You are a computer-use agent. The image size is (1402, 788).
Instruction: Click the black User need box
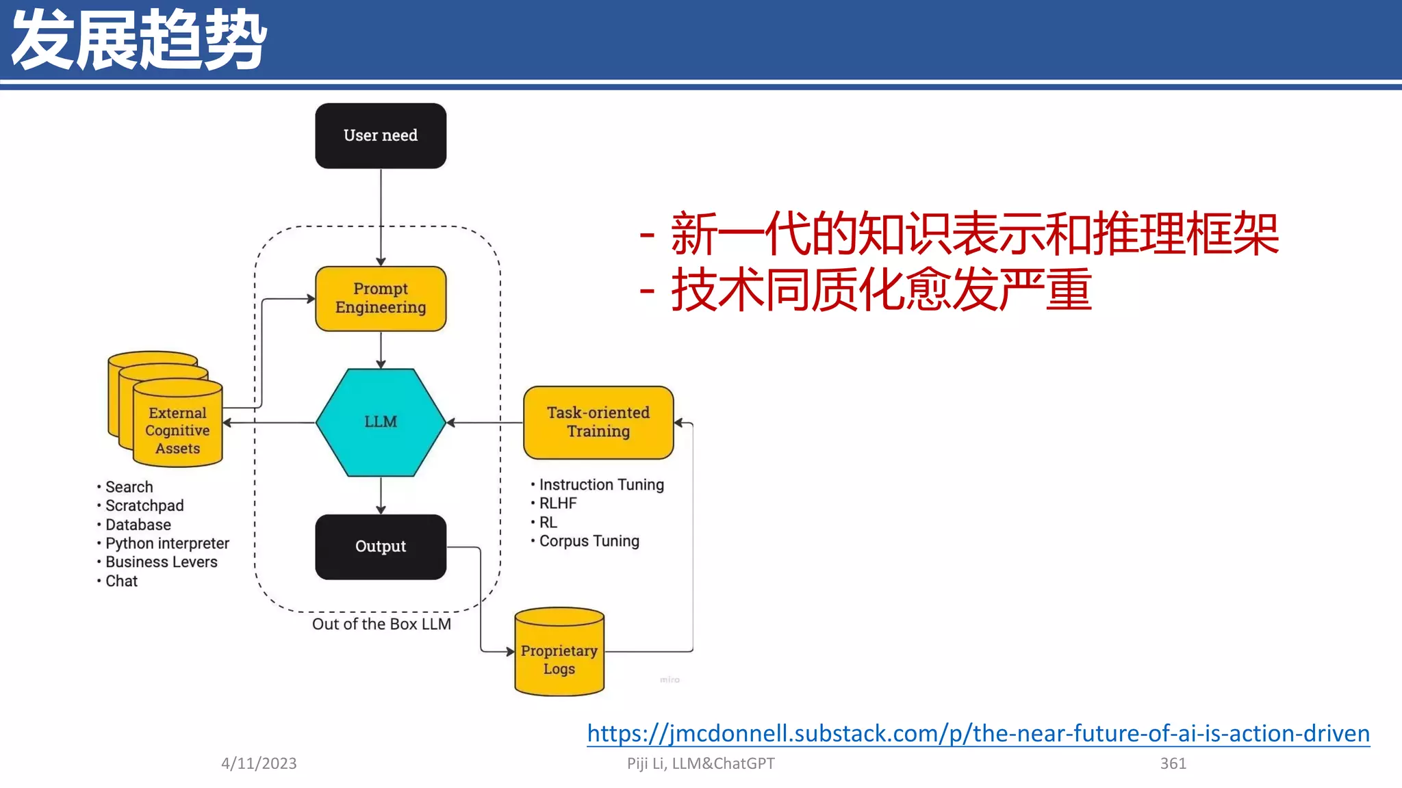tap(381, 135)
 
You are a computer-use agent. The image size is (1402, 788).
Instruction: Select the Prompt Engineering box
tap(381, 298)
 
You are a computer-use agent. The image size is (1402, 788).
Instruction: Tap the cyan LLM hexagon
tap(381, 422)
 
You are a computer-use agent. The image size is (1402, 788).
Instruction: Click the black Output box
tap(381, 547)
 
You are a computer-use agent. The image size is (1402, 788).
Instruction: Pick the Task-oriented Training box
tap(598, 422)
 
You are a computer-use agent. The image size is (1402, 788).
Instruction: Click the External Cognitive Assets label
tap(177, 431)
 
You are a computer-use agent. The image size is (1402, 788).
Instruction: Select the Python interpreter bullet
tap(167, 543)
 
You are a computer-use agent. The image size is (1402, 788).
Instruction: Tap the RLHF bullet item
tap(557, 503)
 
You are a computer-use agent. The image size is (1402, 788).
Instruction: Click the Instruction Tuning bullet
tap(601, 484)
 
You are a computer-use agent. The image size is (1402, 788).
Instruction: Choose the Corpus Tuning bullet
tap(589, 541)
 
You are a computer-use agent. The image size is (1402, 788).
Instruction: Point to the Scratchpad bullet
tap(144, 505)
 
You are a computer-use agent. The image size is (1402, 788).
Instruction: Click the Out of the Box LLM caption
tap(381, 624)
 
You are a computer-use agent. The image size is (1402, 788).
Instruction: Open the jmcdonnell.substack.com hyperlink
tap(978, 733)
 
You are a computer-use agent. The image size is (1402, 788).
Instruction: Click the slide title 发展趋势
tap(139, 40)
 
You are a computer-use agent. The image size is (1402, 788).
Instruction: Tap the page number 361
tap(1173, 763)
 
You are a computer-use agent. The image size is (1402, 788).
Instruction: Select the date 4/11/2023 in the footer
tap(259, 763)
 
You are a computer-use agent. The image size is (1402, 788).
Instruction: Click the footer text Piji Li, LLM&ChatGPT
tap(700, 763)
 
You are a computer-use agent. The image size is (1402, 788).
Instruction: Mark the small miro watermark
tap(670, 679)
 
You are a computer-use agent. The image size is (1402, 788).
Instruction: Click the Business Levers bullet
tap(161, 562)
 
